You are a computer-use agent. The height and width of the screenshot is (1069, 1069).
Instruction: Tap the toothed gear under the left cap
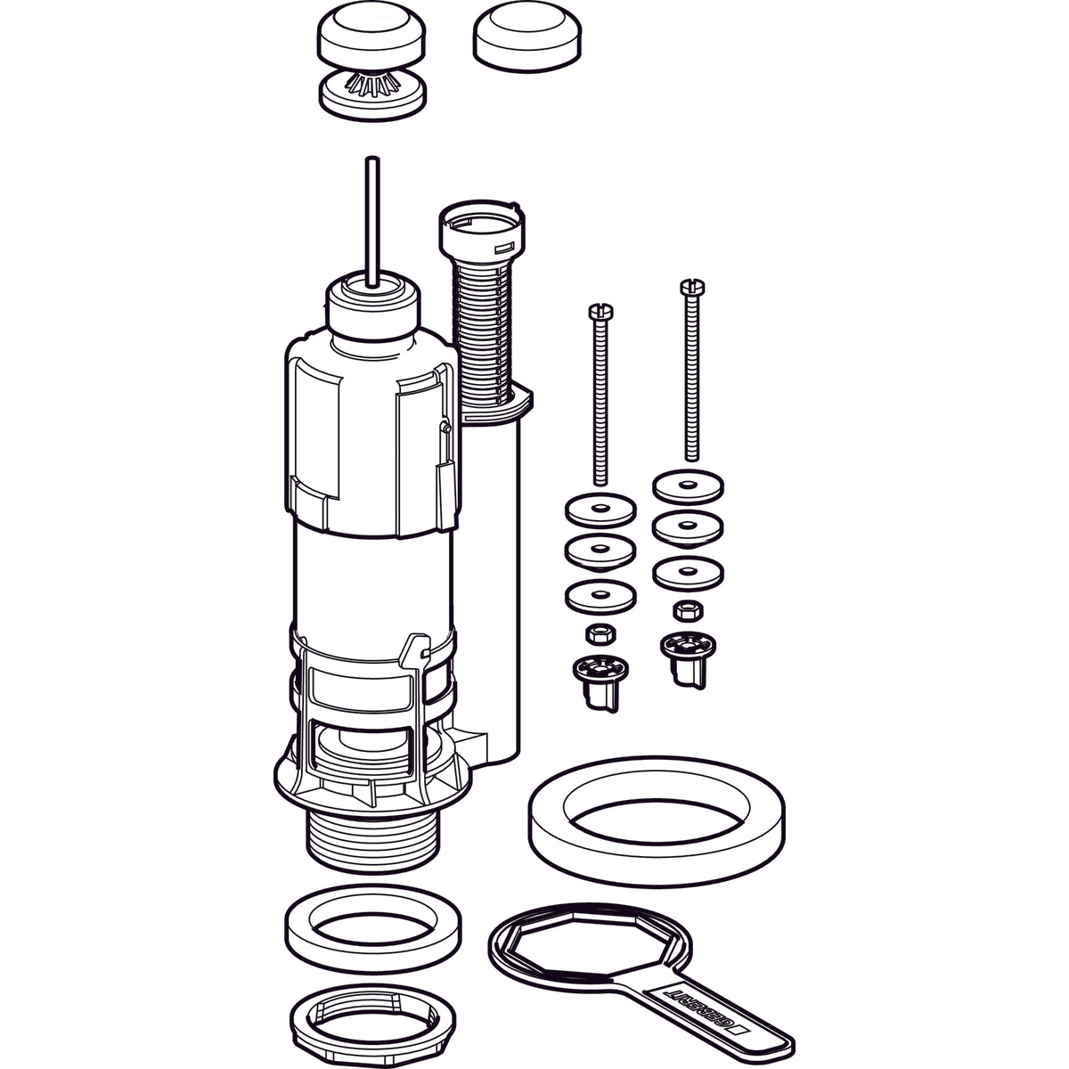(x=372, y=85)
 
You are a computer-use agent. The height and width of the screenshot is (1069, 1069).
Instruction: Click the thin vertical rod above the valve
(x=372, y=222)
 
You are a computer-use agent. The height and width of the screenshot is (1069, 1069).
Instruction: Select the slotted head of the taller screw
(x=691, y=288)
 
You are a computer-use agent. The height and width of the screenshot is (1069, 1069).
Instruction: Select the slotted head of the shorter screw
(x=600, y=312)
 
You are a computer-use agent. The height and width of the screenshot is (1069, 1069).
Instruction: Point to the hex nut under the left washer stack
(x=599, y=633)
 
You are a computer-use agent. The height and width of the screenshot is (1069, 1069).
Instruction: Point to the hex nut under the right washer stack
(x=688, y=611)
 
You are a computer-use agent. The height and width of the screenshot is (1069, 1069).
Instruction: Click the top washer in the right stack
(x=688, y=487)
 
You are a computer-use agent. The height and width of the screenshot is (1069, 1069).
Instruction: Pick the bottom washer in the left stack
(x=600, y=596)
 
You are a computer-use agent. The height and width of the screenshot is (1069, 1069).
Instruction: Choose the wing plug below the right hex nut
(x=689, y=658)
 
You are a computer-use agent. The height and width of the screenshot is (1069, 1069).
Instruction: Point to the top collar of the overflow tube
(x=482, y=230)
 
